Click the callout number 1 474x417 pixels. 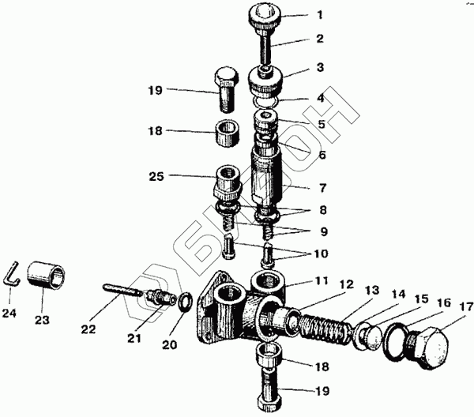point(319,15)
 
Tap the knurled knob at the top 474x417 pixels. point(265,16)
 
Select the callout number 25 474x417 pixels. point(156,176)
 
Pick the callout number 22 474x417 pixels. point(88,329)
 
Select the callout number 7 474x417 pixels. point(323,188)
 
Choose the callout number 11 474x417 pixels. point(322,280)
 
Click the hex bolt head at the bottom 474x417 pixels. point(271,404)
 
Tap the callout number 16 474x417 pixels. point(444,303)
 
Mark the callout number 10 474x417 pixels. point(321,254)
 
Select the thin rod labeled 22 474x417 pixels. point(122,290)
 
